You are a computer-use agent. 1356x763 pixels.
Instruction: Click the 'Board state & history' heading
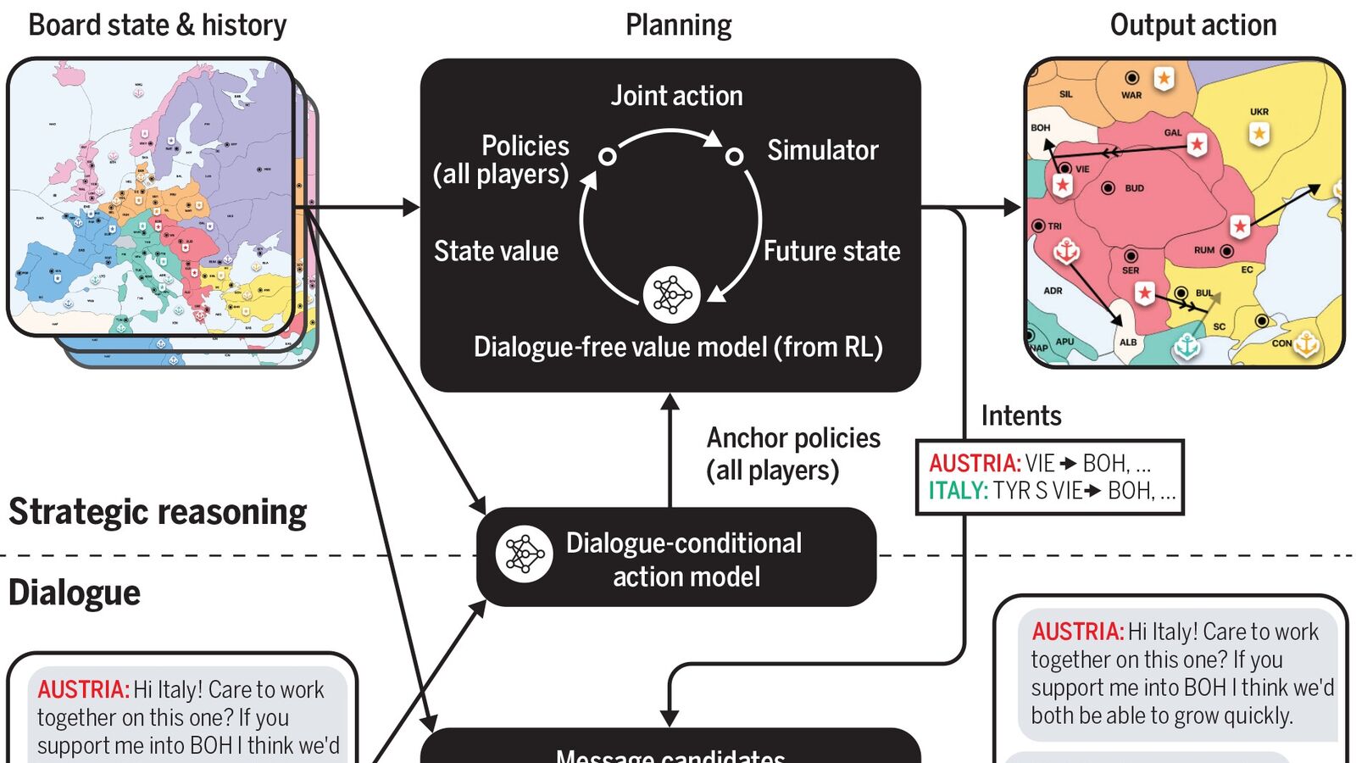click(158, 25)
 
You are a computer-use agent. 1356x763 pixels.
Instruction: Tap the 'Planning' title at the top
click(678, 25)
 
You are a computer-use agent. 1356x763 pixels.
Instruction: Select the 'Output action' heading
click(1192, 25)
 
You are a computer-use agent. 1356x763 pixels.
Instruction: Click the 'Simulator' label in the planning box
click(822, 150)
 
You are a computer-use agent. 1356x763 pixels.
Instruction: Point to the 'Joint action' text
click(676, 96)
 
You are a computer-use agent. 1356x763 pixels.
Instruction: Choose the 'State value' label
click(496, 251)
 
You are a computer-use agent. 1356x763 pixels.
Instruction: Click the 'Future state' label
click(831, 251)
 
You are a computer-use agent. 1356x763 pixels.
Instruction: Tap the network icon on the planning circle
click(671, 295)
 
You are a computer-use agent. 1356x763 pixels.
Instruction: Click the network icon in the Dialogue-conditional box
click(524, 554)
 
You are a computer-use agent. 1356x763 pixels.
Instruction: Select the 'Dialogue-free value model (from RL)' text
click(678, 347)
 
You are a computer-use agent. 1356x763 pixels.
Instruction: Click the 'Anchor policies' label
click(793, 437)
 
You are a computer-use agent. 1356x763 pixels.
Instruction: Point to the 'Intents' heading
click(1020, 415)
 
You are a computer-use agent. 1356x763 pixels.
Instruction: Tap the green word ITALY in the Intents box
click(958, 491)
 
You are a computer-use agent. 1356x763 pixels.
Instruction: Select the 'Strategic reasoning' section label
click(158, 512)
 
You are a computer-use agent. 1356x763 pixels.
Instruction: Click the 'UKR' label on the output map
click(1259, 112)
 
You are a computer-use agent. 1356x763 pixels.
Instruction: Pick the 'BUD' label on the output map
click(1135, 188)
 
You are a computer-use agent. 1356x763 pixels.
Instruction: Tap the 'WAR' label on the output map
click(1131, 95)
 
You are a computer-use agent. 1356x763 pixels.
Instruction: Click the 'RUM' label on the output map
click(1203, 251)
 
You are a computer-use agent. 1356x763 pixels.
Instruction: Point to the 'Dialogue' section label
click(75, 593)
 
